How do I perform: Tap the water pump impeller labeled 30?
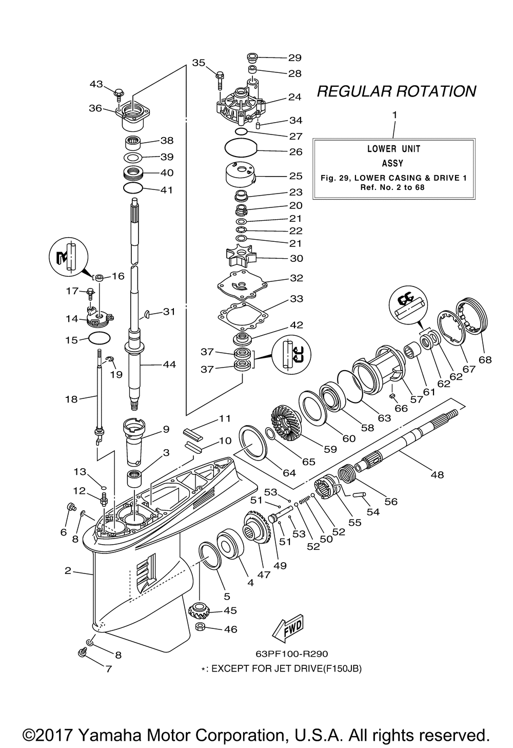[x=241, y=258]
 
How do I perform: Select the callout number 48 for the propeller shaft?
[x=437, y=474]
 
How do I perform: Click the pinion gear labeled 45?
[x=199, y=611]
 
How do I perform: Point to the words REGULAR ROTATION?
[x=397, y=91]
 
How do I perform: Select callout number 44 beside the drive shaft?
[x=169, y=365]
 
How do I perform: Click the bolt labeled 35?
[x=220, y=80]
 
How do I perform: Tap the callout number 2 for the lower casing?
[x=68, y=571]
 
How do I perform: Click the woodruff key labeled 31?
[x=147, y=313]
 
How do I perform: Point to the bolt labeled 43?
[x=119, y=94]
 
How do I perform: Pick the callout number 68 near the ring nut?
[x=485, y=360]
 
